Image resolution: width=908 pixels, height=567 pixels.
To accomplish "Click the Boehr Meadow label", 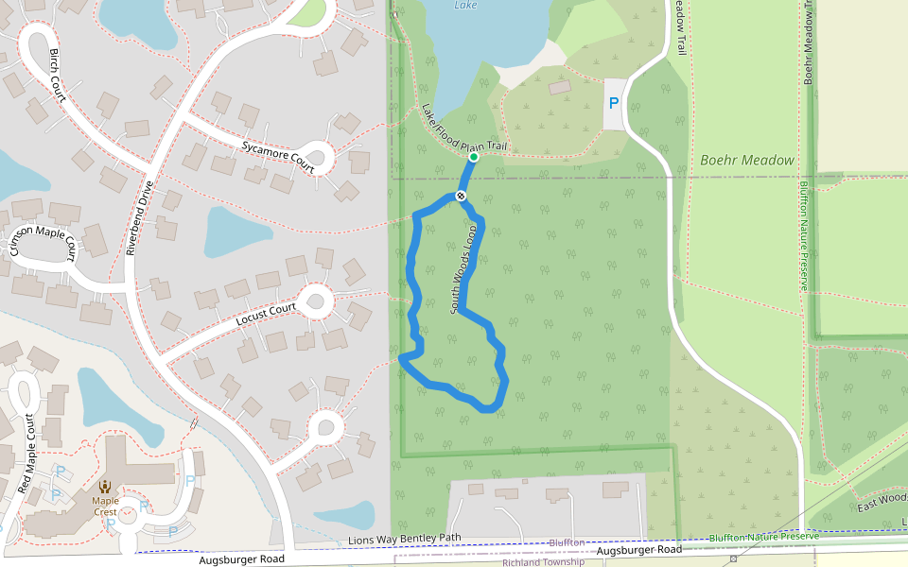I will (747, 161).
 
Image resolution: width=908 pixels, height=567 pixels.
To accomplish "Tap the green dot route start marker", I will (473, 157).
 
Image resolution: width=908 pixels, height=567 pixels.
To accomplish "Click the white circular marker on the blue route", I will (461, 196).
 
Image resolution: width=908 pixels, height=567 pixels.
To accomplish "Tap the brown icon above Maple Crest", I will (105, 487).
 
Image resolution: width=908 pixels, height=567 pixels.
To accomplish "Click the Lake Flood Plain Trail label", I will (465, 129).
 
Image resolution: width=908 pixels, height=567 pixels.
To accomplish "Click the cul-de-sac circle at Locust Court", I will (315, 302).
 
